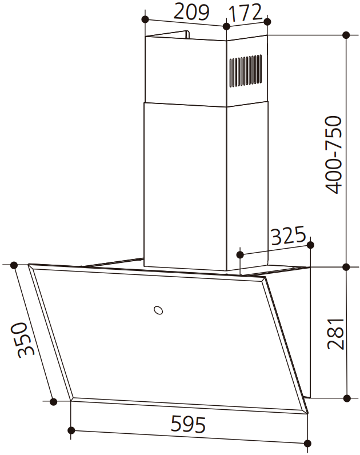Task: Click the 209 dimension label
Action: (x=191, y=12)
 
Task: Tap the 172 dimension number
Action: (x=245, y=13)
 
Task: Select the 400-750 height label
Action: (x=334, y=155)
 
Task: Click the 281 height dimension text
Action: (x=335, y=334)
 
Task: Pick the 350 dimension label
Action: (x=22, y=340)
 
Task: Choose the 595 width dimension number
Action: (x=188, y=424)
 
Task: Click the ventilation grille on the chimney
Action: (x=246, y=70)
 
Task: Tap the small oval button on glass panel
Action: (x=158, y=310)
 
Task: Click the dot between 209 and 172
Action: (x=226, y=26)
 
